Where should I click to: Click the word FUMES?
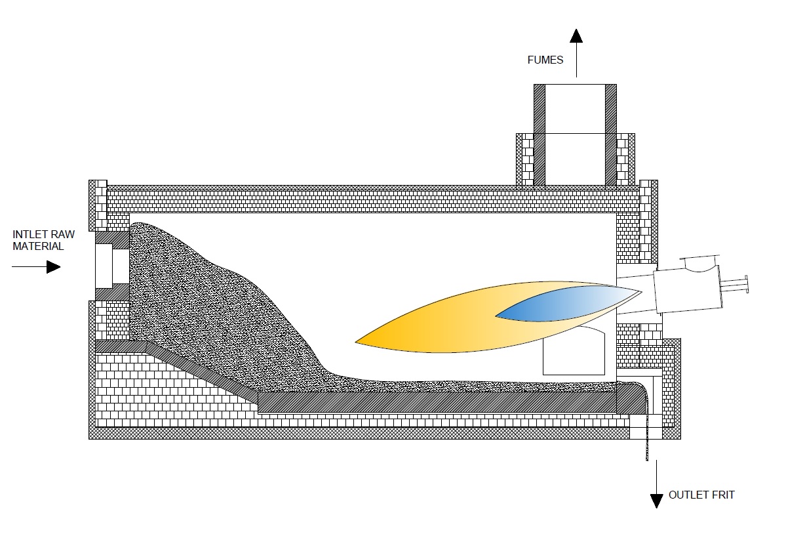point(545,60)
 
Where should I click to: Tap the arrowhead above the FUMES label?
point(576,35)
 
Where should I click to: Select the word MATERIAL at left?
point(38,246)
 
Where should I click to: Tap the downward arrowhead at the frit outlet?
point(656,501)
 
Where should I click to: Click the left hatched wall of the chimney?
point(540,134)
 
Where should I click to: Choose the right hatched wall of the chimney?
point(610,134)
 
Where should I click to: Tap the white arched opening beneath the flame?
point(574,351)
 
